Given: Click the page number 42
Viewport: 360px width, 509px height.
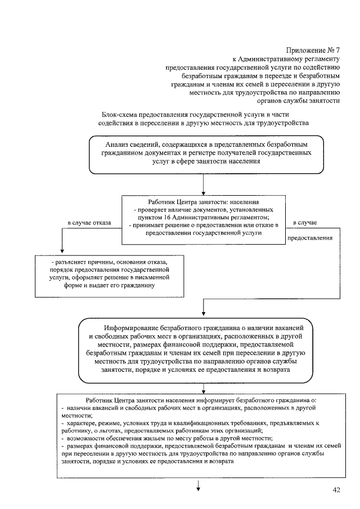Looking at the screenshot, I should tap(336, 490).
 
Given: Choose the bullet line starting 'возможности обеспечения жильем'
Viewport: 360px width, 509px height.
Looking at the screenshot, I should tap(169, 438).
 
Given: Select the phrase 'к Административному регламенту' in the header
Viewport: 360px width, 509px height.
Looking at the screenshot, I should tap(286, 58).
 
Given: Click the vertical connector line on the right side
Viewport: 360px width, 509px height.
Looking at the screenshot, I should tap(340, 264).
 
